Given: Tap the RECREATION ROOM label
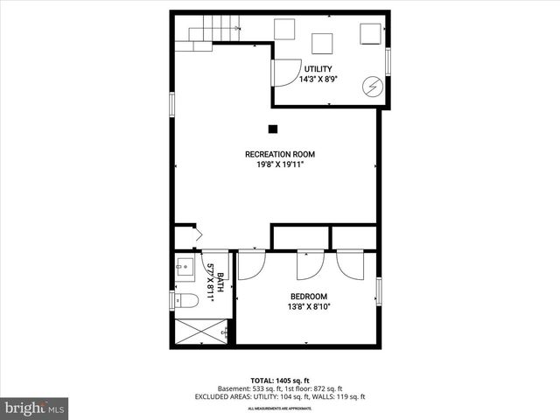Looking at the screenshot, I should (279, 154).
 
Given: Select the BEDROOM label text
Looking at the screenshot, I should (308, 297).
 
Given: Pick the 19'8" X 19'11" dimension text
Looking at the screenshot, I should (279, 164).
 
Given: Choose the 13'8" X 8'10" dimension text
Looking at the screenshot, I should (308, 306).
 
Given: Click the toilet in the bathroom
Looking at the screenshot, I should (186, 300).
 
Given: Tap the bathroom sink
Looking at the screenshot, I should (185, 266).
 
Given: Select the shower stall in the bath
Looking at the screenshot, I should (201, 332).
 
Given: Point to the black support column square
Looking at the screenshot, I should (273, 129).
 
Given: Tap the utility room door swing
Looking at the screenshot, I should (285, 73).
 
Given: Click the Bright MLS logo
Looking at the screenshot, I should (35, 408).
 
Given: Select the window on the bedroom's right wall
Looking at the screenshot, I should (379, 291).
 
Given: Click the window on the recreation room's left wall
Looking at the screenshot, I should (172, 103).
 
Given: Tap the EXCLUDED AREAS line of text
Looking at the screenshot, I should (279, 397).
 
